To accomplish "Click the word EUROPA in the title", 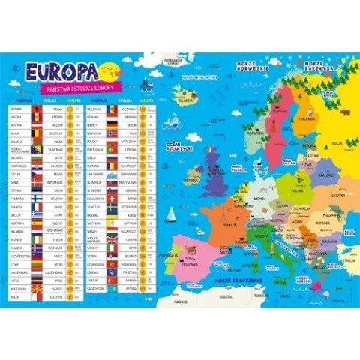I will tap(60, 70).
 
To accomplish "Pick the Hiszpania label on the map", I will tap(191, 264).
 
